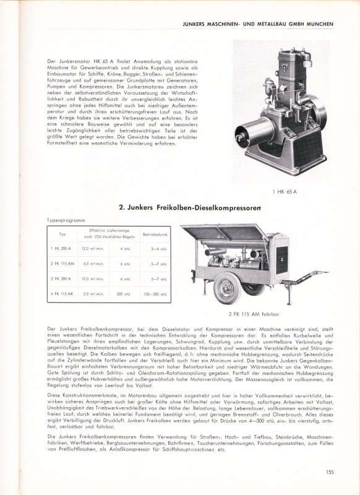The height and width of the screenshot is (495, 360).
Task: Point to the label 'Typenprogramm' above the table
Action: coord(64,220)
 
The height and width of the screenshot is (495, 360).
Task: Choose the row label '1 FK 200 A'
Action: coord(62,248)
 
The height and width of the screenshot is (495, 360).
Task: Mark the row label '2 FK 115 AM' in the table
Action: coord(62,264)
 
